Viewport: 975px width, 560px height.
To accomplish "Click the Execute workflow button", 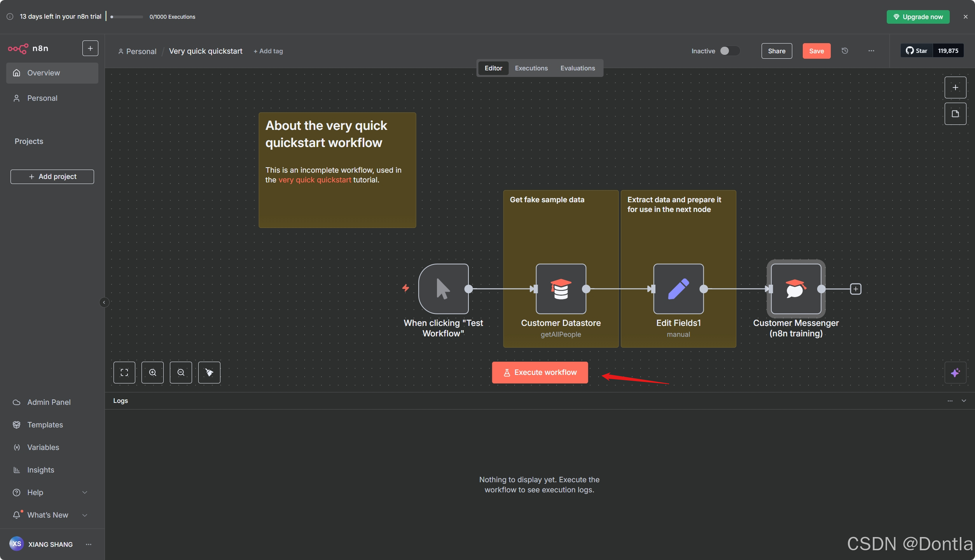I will click(x=540, y=373).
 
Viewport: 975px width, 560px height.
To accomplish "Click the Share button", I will click(x=776, y=51).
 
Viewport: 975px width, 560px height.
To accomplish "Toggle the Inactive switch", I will click(x=729, y=51).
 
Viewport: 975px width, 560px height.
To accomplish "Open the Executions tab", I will click(x=531, y=68).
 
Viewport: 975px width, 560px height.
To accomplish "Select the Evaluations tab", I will click(x=577, y=68).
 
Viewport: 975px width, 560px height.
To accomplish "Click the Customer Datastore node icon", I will click(x=561, y=289).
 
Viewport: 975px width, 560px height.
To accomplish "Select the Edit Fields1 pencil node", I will click(x=678, y=289).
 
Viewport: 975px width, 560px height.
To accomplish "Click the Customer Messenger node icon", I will click(x=796, y=289).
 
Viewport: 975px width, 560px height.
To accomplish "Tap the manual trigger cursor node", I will click(x=443, y=289).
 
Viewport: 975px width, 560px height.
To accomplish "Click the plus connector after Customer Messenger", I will click(x=856, y=289).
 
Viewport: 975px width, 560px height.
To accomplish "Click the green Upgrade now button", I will click(x=918, y=17).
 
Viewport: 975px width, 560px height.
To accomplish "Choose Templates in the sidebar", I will click(x=45, y=425).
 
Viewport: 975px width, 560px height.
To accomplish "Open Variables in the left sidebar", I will click(x=43, y=447).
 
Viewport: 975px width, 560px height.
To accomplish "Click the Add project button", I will click(x=52, y=177).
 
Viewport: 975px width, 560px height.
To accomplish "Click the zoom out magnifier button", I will click(x=181, y=373).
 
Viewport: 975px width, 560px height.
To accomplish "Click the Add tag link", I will click(x=268, y=51).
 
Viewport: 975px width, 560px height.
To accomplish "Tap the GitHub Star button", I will click(x=917, y=51).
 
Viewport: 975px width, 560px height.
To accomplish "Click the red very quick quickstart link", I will click(x=315, y=180).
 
